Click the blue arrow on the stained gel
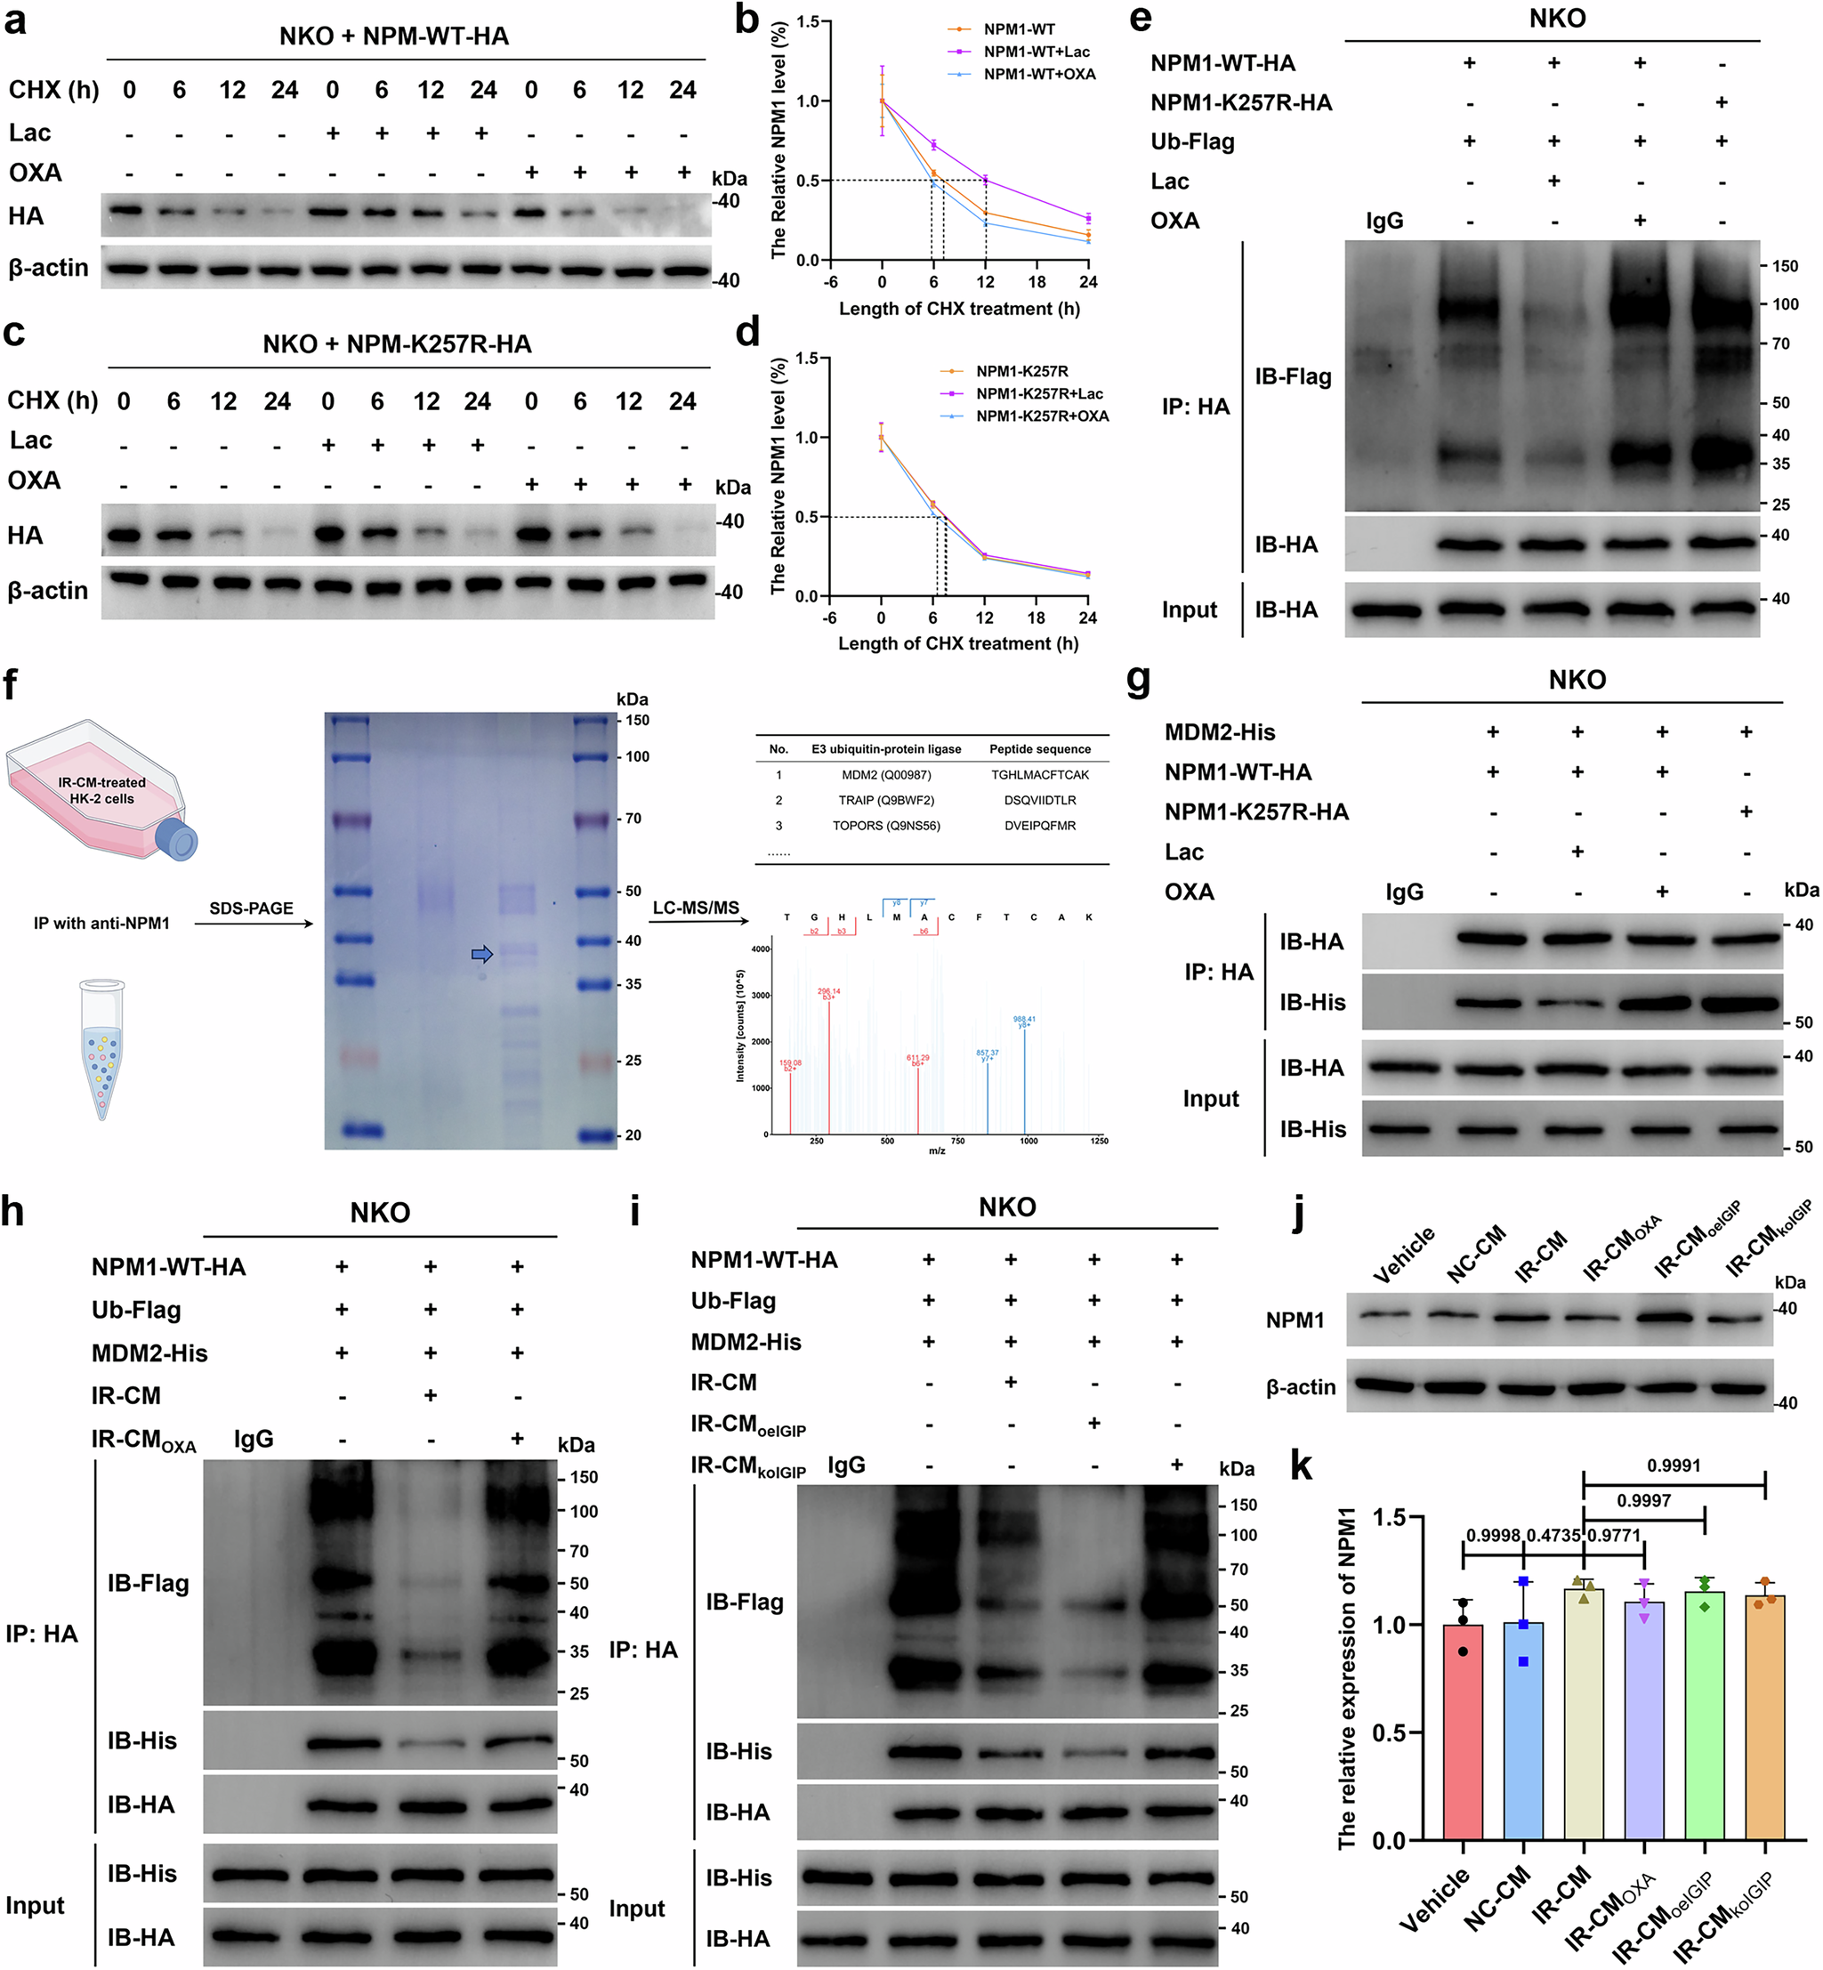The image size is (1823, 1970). pyautogui.click(x=481, y=954)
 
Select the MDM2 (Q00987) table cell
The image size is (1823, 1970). pyautogui.click(x=886, y=775)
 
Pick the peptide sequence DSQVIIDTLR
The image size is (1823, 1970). pyautogui.click(x=1040, y=800)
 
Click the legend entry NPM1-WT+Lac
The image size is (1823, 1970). pyautogui.click(x=1036, y=52)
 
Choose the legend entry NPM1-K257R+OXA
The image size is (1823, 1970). pyautogui.click(x=1042, y=416)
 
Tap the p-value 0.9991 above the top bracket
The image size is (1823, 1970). pyautogui.click(x=1673, y=1465)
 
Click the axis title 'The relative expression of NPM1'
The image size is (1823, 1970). pyautogui.click(x=1346, y=1678)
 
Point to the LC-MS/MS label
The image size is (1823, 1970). pyautogui.click(x=696, y=908)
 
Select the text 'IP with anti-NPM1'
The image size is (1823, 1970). pyautogui.click(x=101, y=924)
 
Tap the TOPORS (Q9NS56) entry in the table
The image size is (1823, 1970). pyautogui.click(x=886, y=826)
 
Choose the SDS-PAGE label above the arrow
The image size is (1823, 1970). pyautogui.click(x=251, y=908)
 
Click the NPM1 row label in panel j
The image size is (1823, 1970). pyautogui.click(x=1295, y=1320)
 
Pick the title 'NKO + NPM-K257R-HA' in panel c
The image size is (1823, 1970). pyautogui.click(x=397, y=344)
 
